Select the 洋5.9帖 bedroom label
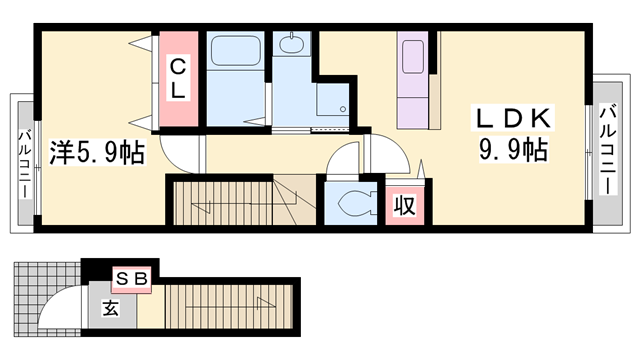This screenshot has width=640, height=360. click(x=96, y=154)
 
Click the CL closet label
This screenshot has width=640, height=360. click(x=176, y=79)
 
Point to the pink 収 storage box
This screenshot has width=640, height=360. click(x=403, y=206)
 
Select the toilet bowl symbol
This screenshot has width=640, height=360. click(x=350, y=203)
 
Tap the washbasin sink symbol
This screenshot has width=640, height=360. click(x=292, y=45)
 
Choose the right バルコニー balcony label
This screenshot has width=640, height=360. click(x=606, y=150)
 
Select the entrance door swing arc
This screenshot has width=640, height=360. click(x=65, y=304)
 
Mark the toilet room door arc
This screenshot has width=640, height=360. click(x=344, y=160)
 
